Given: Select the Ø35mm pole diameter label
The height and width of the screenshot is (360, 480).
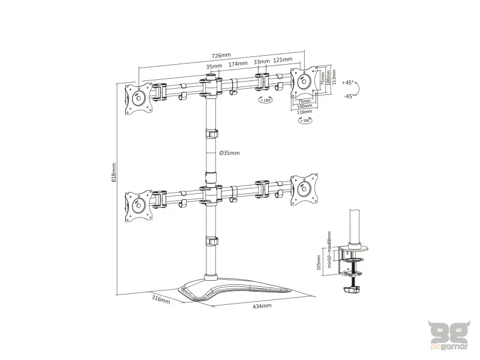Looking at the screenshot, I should (x=230, y=153).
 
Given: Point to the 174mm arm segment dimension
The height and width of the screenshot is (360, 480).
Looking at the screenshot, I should (x=238, y=64).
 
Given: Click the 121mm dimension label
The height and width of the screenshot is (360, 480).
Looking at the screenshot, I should (x=283, y=60).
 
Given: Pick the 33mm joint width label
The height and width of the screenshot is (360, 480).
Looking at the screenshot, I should (x=261, y=62).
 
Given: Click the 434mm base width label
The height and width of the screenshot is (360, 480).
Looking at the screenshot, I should (x=263, y=306).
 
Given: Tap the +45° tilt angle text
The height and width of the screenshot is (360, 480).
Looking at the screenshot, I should (x=348, y=82).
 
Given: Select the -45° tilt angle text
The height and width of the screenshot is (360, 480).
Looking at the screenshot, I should (x=348, y=96).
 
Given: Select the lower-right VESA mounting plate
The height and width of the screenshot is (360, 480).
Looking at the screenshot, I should (x=304, y=187).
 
